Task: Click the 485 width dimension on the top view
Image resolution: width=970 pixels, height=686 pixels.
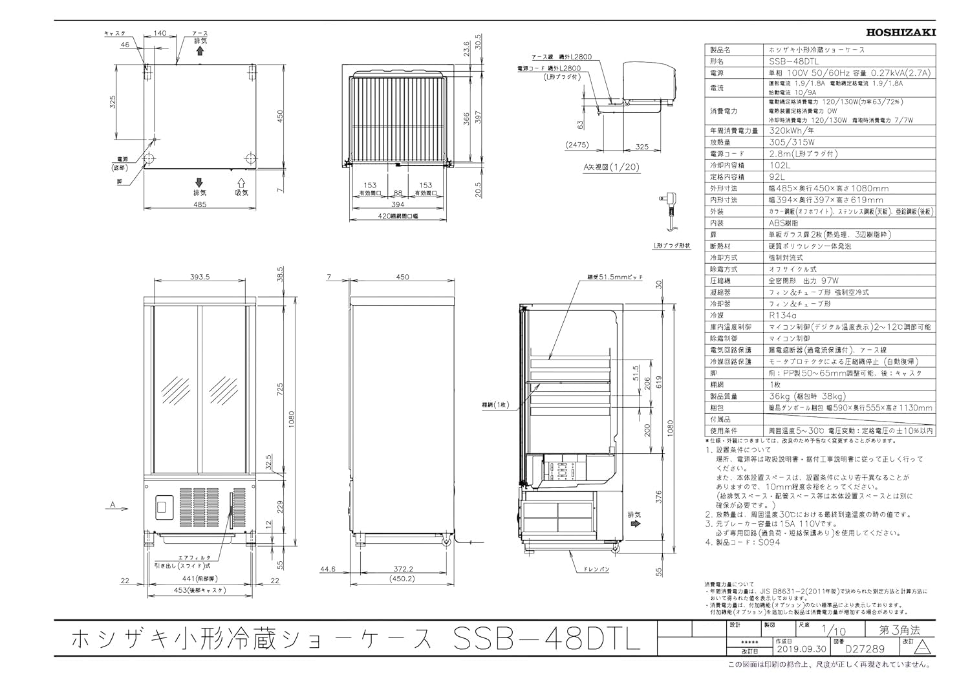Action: pyautogui.click(x=199, y=204)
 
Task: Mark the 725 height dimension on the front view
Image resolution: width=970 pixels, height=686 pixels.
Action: pyautogui.click(x=280, y=389)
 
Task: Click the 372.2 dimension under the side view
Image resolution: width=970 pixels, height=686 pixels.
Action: pyautogui.click(x=402, y=570)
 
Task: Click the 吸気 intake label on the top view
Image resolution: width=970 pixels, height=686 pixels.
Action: pyautogui.click(x=242, y=193)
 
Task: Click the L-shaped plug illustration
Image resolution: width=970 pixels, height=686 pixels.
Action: pyautogui.click(x=669, y=211)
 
